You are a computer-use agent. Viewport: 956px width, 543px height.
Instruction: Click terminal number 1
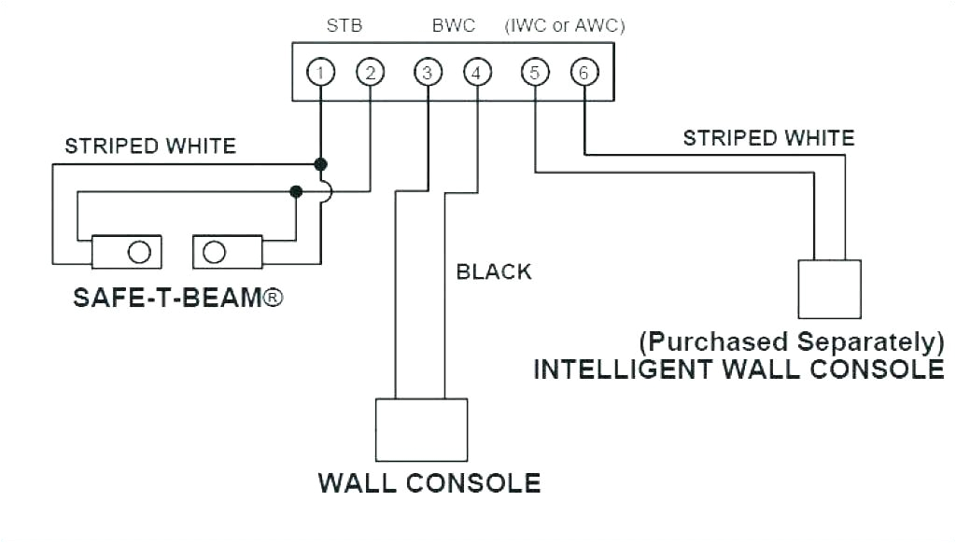point(320,72)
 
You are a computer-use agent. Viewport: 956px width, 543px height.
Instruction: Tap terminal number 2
point(370,72)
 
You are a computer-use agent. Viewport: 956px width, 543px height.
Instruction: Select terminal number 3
point(428,72)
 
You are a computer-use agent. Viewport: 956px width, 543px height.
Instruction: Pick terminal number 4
point(477,72)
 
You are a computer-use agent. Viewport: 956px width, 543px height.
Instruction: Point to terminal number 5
point(535,72)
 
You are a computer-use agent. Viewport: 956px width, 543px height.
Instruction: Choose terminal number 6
point(584,72)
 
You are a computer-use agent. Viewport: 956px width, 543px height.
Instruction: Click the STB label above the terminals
point(344,26)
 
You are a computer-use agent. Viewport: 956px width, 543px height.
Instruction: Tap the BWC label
point(453,26)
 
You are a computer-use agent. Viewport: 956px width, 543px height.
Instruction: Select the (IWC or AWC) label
point(565,26)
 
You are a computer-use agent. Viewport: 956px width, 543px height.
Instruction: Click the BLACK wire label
point(494,271)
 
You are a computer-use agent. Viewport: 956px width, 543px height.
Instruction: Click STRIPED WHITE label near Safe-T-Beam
point(150,146)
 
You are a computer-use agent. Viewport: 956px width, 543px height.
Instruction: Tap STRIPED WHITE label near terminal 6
point(768,139)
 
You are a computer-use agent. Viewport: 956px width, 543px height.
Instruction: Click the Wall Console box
point(421,430)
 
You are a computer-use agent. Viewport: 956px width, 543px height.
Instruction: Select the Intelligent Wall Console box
point(829,289)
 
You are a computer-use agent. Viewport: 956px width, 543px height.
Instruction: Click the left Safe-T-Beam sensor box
point(126,252)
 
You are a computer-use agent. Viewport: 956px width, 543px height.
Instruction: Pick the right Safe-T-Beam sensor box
point(228,252)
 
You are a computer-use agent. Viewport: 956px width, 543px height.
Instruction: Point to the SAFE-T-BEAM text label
point(177,299)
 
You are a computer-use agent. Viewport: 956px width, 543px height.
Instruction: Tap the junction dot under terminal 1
point(320,164)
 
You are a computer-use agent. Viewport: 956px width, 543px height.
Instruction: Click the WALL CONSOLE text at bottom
point(429,483)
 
